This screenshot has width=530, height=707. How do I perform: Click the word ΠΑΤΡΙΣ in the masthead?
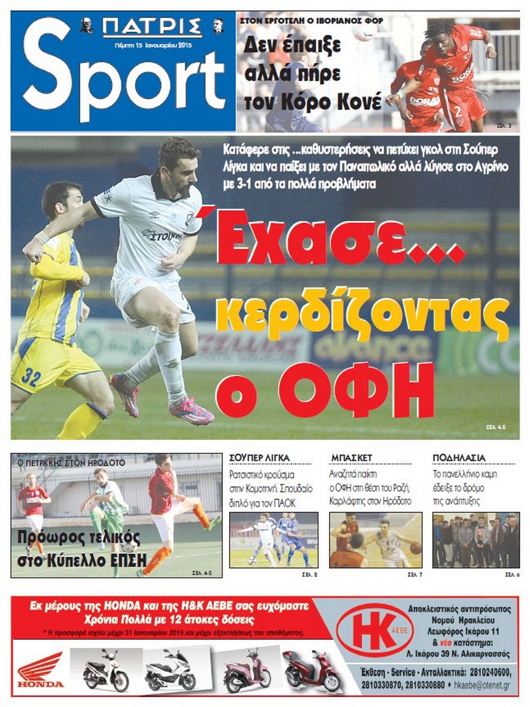152,27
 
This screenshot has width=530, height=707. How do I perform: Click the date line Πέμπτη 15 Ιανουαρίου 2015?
152,45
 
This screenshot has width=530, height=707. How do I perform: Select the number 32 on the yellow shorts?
30,377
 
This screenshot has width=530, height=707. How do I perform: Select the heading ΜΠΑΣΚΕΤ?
351,457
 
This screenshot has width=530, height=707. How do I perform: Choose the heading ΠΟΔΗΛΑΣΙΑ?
459,457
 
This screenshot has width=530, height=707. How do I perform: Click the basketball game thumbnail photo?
375,540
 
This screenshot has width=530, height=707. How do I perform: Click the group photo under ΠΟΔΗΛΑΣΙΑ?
475,540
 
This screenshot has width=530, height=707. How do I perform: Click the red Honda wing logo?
41,669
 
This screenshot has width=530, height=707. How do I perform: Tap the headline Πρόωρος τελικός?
78,537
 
